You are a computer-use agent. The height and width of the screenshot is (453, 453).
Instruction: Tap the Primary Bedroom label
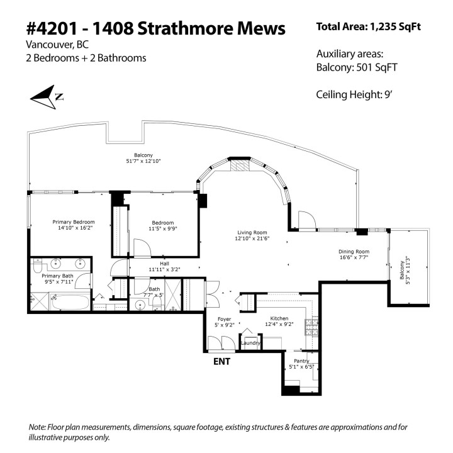pos(74,222)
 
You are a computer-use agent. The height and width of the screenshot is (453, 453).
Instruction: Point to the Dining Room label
pos(352,252)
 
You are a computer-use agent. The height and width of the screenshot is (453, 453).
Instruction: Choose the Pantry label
pos(299,361)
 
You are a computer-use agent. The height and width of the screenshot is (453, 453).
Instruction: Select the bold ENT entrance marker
pos(221,361)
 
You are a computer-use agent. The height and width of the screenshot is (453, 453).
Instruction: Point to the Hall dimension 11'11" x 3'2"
pos(164,269)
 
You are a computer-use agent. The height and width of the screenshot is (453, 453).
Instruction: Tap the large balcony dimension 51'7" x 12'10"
pos(143,161)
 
